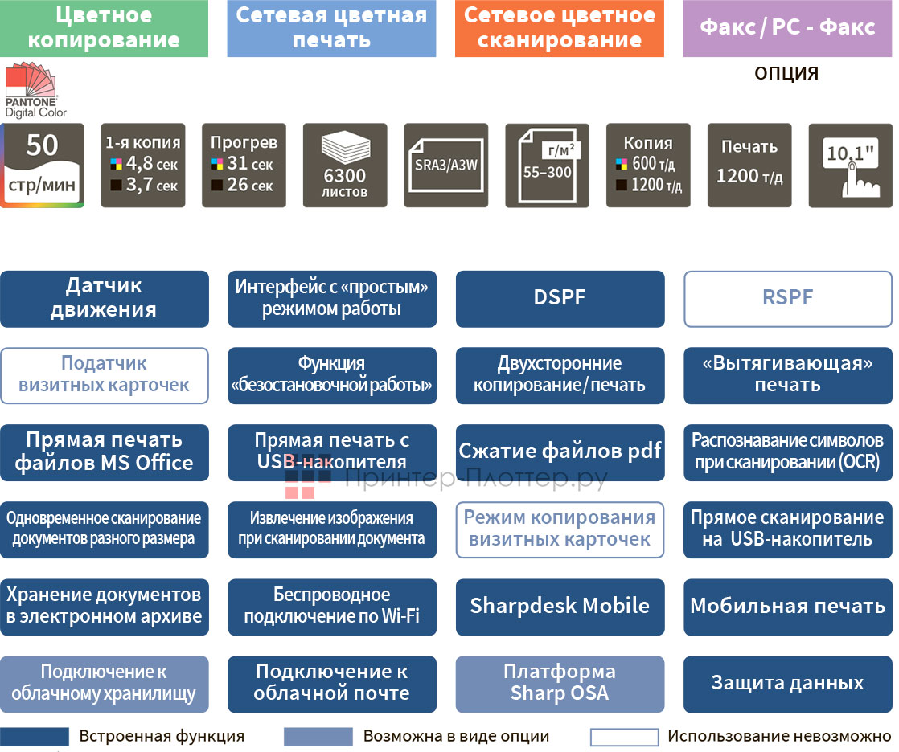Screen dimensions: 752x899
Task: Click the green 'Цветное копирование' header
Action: [104, 28]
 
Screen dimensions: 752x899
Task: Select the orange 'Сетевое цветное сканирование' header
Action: [559, 28]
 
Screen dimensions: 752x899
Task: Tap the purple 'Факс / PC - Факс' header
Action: [787, 28]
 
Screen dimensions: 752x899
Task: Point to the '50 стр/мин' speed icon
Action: [43, 166]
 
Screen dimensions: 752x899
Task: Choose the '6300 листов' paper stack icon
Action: [345, 166]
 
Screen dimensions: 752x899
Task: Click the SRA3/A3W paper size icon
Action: [446, 166]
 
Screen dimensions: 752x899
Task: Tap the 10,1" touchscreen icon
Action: [850, 166]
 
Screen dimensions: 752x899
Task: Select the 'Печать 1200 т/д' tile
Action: [749, 166]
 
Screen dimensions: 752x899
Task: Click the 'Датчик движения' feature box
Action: [104, 298]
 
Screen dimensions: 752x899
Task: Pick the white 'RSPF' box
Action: [787, 298]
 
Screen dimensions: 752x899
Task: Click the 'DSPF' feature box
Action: [560, 298]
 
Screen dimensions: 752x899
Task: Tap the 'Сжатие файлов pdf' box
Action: [560, 452]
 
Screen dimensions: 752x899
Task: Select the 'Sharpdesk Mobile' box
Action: [560, 606]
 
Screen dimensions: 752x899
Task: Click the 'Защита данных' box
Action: [787, 683]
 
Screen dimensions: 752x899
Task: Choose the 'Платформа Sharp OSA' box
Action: [560, 683]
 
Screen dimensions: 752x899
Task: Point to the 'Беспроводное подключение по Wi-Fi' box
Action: [332, 606]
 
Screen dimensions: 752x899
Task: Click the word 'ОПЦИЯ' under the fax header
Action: [786, 74]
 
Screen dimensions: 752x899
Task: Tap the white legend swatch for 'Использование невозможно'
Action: [624, 737]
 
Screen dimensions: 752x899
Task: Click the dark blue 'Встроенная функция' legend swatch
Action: [35, 737]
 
